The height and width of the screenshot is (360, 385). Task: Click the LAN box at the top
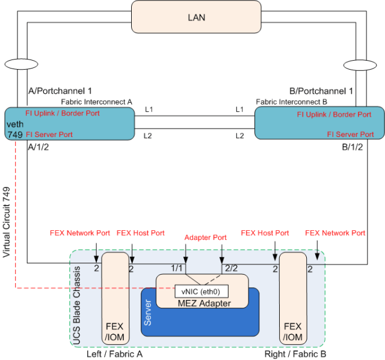pos(197,17)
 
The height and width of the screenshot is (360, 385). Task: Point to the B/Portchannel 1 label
pos(321,91)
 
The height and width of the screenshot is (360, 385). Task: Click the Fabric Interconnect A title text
pos(97,102)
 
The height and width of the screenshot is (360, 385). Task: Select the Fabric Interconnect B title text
pos(291,102)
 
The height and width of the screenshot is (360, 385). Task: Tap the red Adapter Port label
pos(206,237)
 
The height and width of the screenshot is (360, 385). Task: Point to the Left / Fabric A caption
pos(114,354)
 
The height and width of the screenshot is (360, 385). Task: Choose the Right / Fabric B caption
pos(295,354)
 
